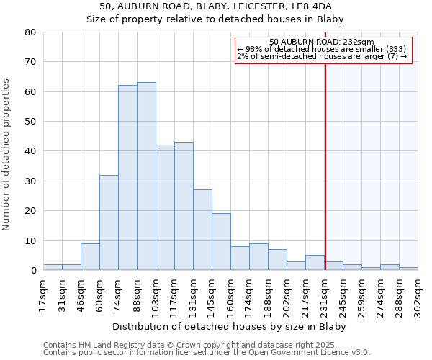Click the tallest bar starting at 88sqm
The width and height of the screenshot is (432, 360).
pos(146,176)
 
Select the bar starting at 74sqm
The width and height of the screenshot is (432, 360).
pos(127,178)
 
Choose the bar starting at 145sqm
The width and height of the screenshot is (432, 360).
pos(221,242)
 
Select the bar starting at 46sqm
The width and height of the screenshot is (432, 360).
pos(90,257)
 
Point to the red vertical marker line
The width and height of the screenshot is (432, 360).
pos(325,166)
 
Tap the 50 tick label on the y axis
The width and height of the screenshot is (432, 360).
pos(30,122)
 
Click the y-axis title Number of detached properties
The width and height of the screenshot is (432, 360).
pos(7,165)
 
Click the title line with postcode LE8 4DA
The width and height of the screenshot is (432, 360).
pos(215,6)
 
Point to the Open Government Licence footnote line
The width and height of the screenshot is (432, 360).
pos(206,353)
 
